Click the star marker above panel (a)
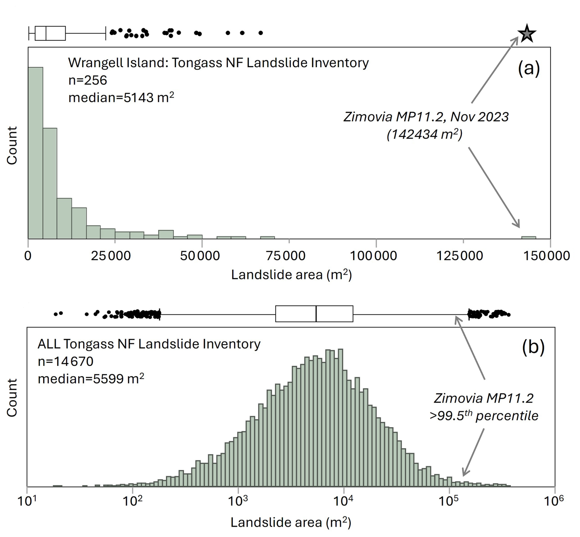[527, 33]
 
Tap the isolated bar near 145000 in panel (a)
[528, 238]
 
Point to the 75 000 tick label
[286, 256]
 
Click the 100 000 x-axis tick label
[373, 256]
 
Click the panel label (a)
[528, 68]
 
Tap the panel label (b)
[533, 347]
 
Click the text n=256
[88, 80]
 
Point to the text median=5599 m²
[91, 379]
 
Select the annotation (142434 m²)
[424, 134]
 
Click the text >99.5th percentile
[484, 416]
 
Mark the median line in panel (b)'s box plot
[316, 314]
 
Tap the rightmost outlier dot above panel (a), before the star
[261, 33]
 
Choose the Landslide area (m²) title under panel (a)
[291, 275]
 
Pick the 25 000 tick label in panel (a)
[111, 256]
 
